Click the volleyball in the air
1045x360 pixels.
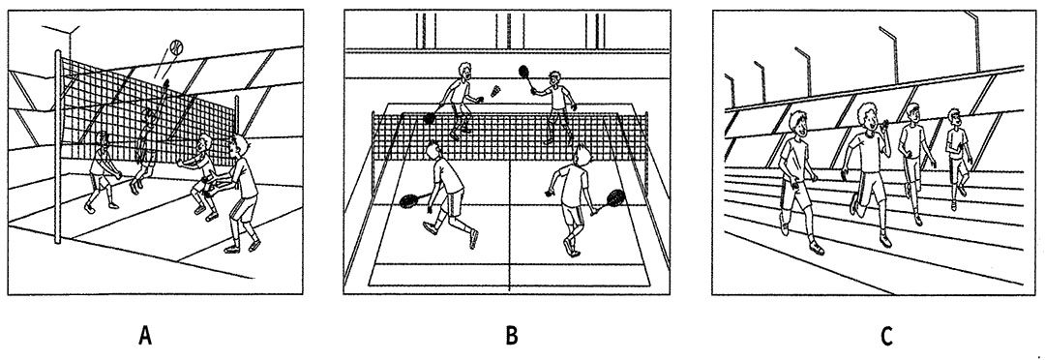click(x=176, y=46)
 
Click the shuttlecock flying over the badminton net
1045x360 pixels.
click(x=495, y=92)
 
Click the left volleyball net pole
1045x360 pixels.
click(x=60, y=147)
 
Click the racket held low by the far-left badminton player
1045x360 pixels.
click(x=432, y=117)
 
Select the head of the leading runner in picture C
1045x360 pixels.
click(x=797, y=124)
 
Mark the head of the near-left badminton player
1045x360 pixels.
click(x=433, y=152)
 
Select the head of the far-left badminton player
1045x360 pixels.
click(x=465, y=72)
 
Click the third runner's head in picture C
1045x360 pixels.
click(x=913, y=113)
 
